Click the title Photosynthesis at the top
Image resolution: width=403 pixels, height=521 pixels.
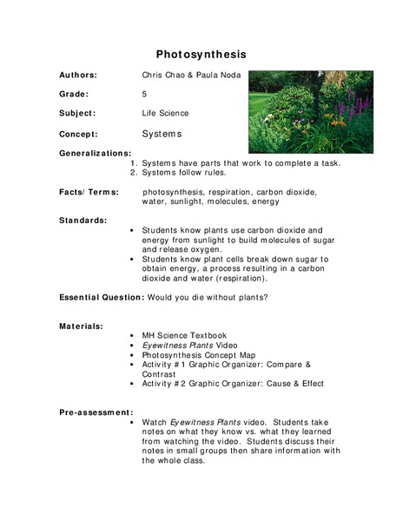201,53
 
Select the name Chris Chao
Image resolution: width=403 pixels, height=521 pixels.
163,76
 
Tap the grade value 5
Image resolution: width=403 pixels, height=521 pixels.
145,94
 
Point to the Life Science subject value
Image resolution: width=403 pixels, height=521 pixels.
165,113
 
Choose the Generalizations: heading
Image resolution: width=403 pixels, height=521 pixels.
95,153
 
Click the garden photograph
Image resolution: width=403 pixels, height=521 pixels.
311,111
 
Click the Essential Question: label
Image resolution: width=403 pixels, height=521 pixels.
100,298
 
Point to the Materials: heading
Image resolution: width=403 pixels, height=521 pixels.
81,326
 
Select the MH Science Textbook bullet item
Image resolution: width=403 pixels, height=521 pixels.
184,335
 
